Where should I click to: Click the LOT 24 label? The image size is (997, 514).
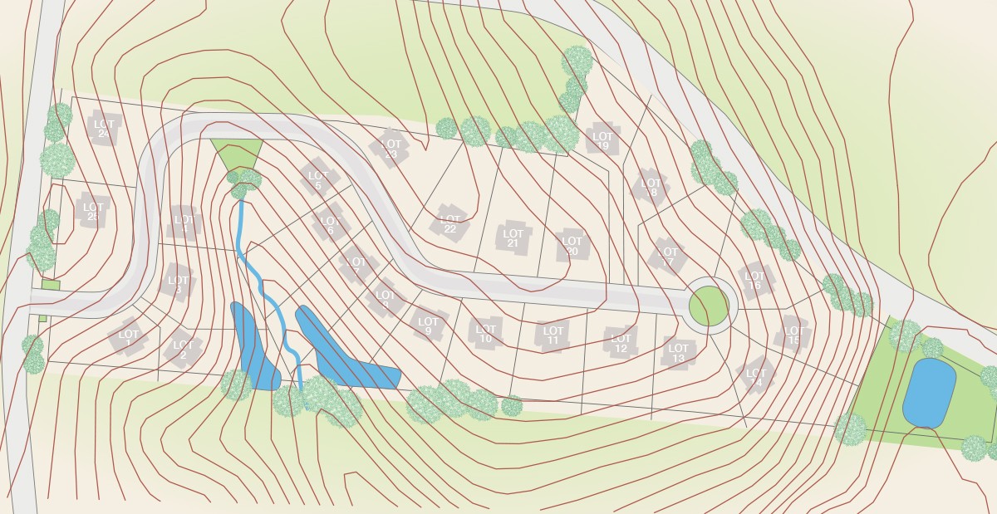coord(104,129)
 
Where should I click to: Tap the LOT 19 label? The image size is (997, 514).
coord(603,141)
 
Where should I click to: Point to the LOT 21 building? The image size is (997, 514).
coord(513,237)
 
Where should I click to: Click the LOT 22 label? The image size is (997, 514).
coord(450,223)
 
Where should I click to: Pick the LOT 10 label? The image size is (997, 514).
coord(487,333)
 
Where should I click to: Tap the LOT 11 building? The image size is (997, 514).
coord(553,335)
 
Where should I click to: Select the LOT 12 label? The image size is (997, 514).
coord(621,343)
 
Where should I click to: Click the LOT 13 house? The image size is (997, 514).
coord(679,353)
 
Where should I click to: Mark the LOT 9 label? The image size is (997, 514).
coord(429,326)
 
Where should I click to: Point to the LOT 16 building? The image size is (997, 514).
coord(754,281)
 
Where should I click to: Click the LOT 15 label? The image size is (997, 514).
coord(793,335)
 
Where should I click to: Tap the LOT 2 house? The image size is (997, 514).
coord(183,350)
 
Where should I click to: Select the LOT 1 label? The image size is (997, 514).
coord(129,337)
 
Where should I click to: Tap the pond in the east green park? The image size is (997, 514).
coord(929,393)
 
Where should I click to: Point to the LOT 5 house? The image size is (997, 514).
coord(317,180)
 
